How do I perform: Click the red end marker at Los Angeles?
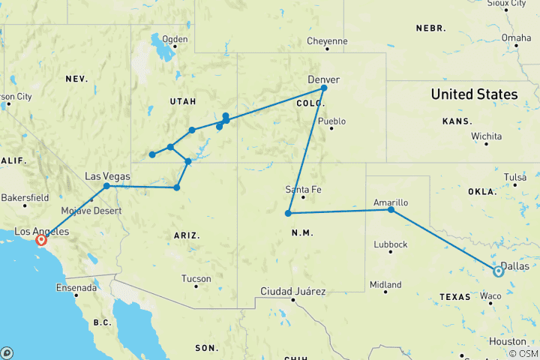(41, 240)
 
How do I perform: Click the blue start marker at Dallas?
(498, 271)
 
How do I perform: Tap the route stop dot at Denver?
(324, 88)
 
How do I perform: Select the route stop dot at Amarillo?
(391, 210)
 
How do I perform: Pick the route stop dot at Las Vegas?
(106, 186)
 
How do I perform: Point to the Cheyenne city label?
(327, 41)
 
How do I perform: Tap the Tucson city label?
(196, 278)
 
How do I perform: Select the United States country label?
(473, 94)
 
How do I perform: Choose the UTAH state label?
(183, 101)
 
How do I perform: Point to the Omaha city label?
(516, 37)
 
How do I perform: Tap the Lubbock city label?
(388, 244)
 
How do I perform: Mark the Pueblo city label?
(331, 121)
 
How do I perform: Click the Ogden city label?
(175, 39)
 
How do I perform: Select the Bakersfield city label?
(24, 197)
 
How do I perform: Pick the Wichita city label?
(486, 136)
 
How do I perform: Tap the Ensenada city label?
(76, 287)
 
